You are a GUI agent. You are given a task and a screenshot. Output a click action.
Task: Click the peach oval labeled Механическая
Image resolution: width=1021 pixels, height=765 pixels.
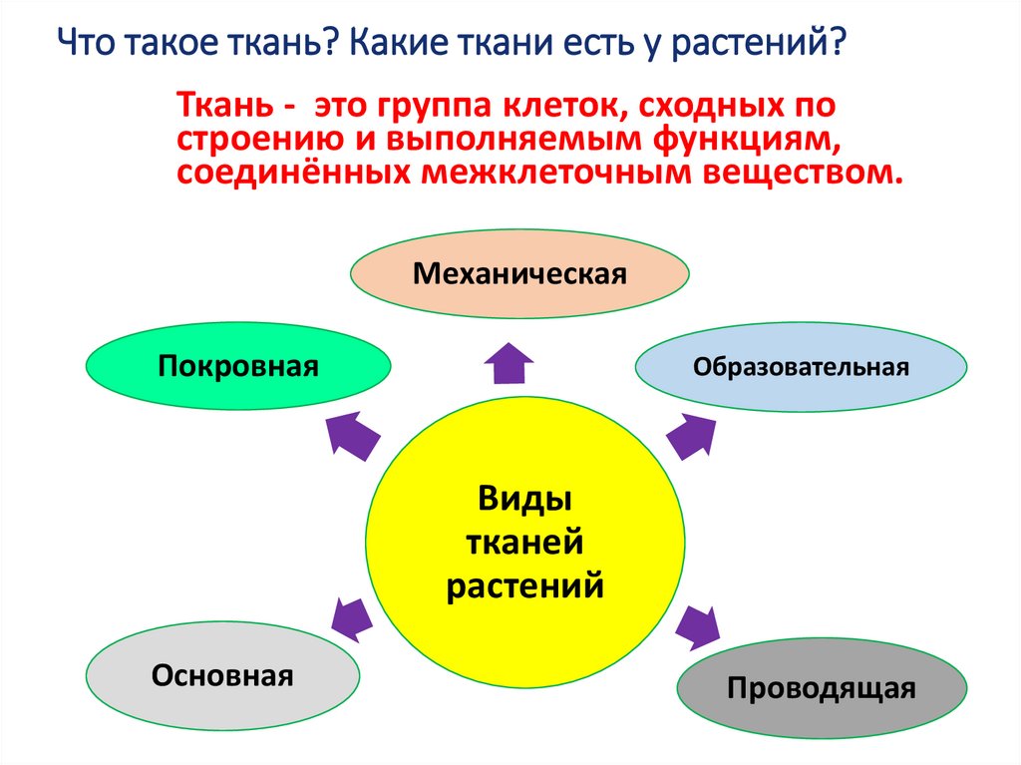(519, 273)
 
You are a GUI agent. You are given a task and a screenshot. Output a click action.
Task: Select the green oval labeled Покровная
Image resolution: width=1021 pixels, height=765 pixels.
(237, 366)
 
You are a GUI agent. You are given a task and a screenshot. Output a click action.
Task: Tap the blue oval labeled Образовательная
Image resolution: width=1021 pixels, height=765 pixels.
(802, 366)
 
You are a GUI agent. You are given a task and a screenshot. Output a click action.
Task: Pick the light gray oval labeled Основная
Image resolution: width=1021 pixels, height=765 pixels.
(222, 675)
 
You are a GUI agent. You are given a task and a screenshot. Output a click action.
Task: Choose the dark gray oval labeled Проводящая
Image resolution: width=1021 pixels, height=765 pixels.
(822, 688)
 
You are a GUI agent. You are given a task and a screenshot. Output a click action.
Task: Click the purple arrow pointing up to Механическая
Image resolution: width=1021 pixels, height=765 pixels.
(510, 364)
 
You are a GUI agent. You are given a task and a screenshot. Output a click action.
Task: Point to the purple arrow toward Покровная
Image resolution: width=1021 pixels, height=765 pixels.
(353, 435)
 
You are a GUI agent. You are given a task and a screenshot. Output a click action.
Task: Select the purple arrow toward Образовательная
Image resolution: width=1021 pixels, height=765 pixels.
(689, 435)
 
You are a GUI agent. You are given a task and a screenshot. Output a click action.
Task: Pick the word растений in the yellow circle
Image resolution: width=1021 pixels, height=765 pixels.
(524, 583)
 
